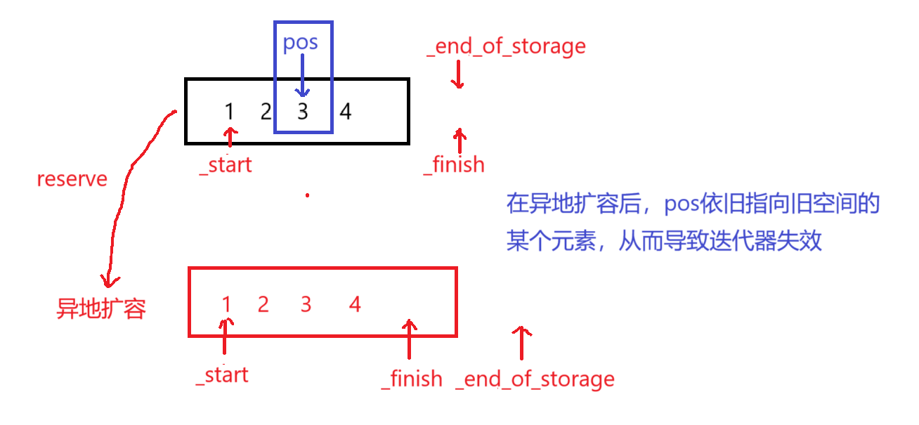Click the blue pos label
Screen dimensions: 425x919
coord(300,43)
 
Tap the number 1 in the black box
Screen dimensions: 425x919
coord(230,111)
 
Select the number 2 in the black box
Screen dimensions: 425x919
coord(266,111)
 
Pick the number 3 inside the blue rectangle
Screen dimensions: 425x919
coord(303,111)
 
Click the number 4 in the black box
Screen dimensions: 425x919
coord(345,111)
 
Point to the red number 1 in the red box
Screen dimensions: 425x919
coord(226,304)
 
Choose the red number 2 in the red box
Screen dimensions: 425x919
coord(263,304)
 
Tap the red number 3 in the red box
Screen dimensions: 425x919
coord(306,304)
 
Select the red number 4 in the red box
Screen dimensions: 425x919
coord(355,304)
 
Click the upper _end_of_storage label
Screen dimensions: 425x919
coord(506,46)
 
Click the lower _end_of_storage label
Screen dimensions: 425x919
coord(535,379)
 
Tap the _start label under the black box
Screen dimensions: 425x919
coord(226,165)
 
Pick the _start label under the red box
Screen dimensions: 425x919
coord(223,375)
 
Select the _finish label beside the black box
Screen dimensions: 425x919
coord(454,165)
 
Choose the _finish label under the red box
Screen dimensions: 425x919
coord(412,379)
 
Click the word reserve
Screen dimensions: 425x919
coord(72,179)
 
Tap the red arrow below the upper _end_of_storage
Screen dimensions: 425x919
coord(458,74)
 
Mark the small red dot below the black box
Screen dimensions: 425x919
coord(307,195)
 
